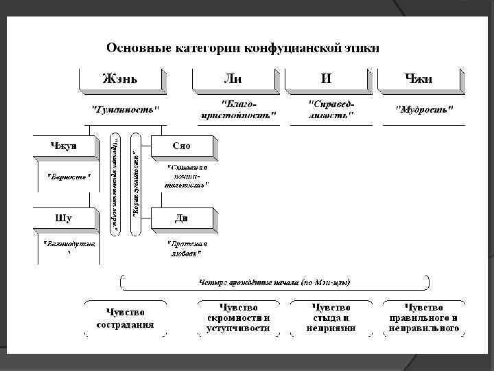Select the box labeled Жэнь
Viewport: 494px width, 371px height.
click(x=121, y=78)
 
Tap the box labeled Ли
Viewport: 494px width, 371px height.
click(x=233, y=78)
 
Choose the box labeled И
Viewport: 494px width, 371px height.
click(x=326, y=78)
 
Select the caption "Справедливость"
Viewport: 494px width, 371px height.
click(x=331, y=109)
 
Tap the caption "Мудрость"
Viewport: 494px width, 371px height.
click(x=425, y=109)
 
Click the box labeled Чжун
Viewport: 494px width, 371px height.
click(x=63, y=146)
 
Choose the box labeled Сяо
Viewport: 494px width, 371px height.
click(x=183, y=146)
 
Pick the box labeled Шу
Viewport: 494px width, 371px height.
click(x=63, y=218)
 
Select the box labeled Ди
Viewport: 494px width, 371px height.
click(x=183, y=218)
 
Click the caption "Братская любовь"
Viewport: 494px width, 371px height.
click(x=187, y=249)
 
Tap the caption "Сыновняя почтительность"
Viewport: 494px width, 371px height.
click(x=187, y=176)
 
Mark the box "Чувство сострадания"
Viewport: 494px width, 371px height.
click(x=125, y=317)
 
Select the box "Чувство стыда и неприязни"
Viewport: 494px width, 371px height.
click(x=331, y=317)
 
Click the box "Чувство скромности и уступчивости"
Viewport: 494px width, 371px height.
click(x=238, y=317)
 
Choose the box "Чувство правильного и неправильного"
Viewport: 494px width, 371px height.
click(x=423, y=317)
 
